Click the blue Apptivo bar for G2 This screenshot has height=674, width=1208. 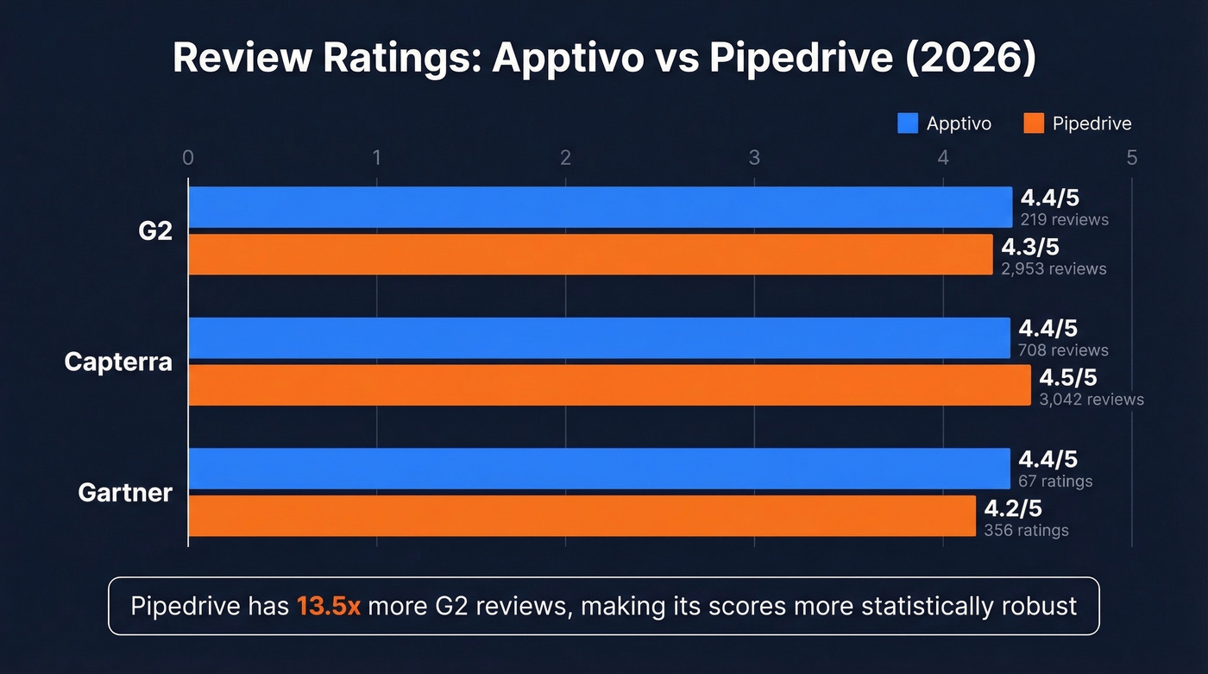point(600,207)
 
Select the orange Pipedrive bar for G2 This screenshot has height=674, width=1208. point(590,255)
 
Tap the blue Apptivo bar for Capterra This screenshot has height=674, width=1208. point(599,337)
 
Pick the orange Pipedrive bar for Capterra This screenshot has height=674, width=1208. point(609,385)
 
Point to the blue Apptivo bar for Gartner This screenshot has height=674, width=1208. point(599,469)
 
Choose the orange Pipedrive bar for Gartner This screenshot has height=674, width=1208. point(582,516)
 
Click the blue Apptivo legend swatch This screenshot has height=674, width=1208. point(908,123)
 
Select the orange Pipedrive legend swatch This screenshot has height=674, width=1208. point(1034,123)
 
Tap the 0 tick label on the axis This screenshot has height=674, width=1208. point(188,158)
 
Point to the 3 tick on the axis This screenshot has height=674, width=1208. point(754,158)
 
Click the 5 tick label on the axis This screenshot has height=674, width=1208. point(1131,158)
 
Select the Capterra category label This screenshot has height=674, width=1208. point(118,362)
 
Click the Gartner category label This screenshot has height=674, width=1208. point(125,493)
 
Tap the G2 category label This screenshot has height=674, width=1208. point(155,231)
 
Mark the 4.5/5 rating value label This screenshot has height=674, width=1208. point(1067,378)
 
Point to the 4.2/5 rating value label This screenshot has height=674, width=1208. point(1013,509)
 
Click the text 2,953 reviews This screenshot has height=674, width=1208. point(1054,269)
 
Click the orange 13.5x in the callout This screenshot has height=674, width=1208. point(328,606)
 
